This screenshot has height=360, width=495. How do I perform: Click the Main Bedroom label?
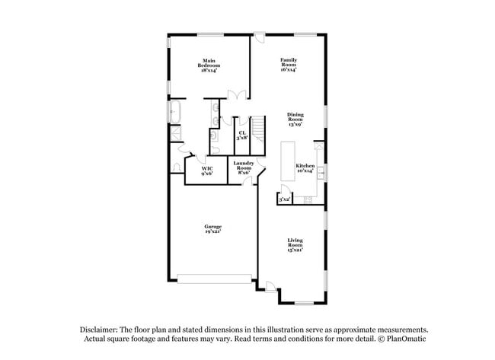click(x=209, y=63)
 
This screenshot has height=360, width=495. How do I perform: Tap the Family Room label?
click(x=289, y=63)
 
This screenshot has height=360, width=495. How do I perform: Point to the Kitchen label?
click(x=305, y=168)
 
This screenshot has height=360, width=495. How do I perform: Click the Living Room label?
click(x=295, y=247)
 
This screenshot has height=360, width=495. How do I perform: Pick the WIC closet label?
click(x=206, y=170)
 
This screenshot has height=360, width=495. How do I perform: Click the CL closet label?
click(x=242, y=135)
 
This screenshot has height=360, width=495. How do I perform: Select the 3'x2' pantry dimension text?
click(x=285, y=199)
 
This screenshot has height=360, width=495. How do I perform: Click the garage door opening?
click(x=215, y=279)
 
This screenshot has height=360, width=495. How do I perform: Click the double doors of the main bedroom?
click(x=238, y=94)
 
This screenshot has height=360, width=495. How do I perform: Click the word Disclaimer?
click(x=100, y=329)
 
